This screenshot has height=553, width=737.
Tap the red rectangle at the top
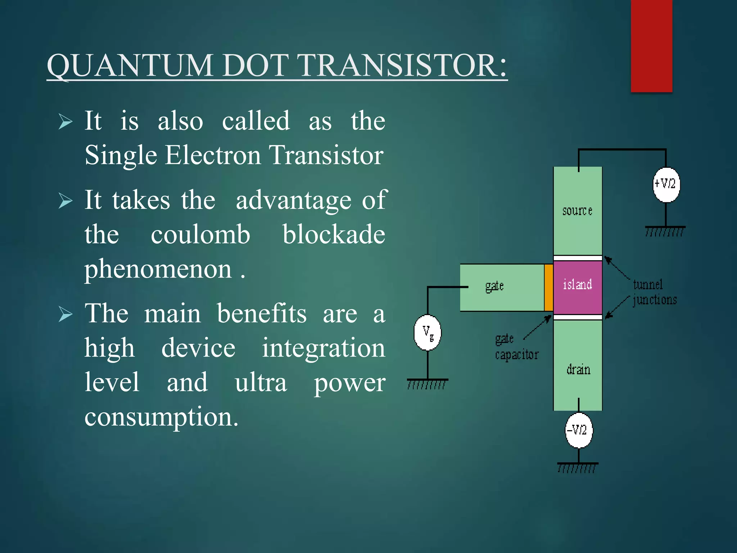click(x=651, y=46)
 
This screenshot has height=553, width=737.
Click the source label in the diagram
click(x=577, y=211)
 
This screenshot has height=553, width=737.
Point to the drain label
click(x=578, y=370)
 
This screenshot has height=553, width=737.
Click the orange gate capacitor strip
click(x=548, y=287)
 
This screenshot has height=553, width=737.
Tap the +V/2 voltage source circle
click(x=666, y=185)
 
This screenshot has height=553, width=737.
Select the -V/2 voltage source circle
click(x=578, y=430)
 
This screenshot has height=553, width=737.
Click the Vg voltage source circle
click(x=428, y=332)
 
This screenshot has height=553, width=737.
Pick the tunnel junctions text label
click(x=654, y=292)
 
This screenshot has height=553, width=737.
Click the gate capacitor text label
click(x=516, y=347)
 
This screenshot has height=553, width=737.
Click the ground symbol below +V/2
click(x=665, y=231)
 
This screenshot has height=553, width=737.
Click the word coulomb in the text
click(x=200, y=235)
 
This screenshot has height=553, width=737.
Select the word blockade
click(x=334, y=235)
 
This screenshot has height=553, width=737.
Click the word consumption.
click(x=161, y=418)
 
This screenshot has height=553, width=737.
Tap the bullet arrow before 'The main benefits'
click(x=65, y=314)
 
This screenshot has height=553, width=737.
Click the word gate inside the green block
click(x=494, y=287)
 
